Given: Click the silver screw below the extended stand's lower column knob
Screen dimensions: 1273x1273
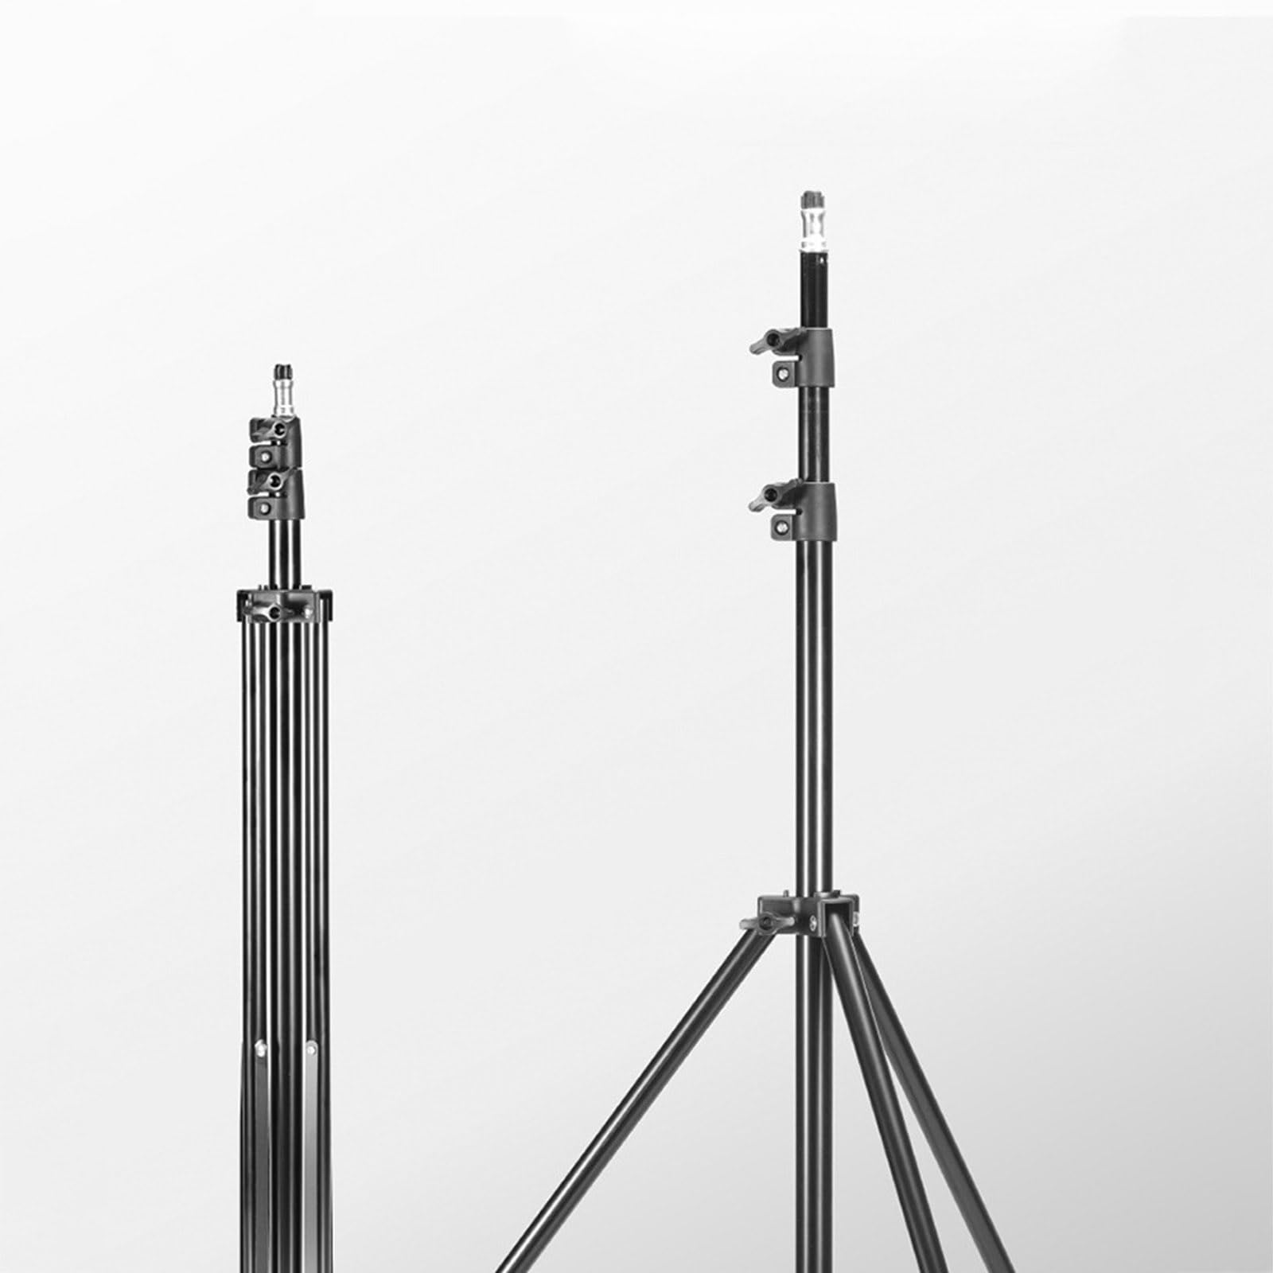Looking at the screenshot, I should point(784,527).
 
